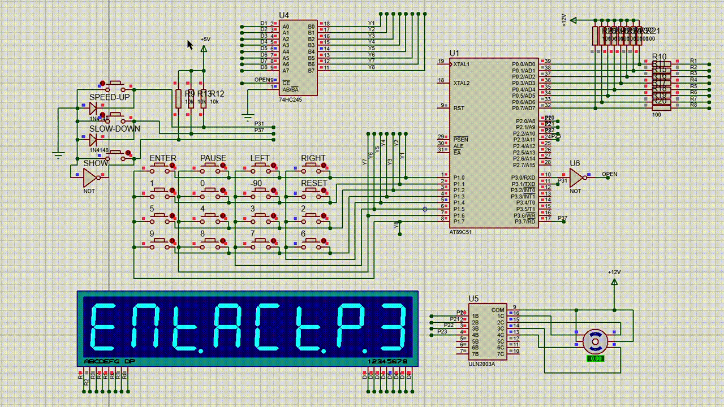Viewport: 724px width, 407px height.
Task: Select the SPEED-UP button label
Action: click(x=110, y=97)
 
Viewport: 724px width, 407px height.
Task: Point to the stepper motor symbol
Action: click(x=594, y=341)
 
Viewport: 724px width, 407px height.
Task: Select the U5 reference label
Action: click(x=473, y=299)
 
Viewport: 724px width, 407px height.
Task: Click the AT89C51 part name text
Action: click(x=461, y=232)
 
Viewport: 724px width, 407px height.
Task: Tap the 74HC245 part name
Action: click(x=290, y=99)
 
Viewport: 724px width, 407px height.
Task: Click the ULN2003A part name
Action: click(x=481, y=363)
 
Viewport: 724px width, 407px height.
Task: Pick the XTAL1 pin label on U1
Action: click(x=462, y=64)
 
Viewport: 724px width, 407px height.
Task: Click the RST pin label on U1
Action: click(x=458, y=108)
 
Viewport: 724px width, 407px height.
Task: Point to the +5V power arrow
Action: click(x=204, y=49)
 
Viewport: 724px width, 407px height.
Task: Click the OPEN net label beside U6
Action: click(x=609, y=174)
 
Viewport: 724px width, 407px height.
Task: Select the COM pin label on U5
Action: click(x=498, y=310)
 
